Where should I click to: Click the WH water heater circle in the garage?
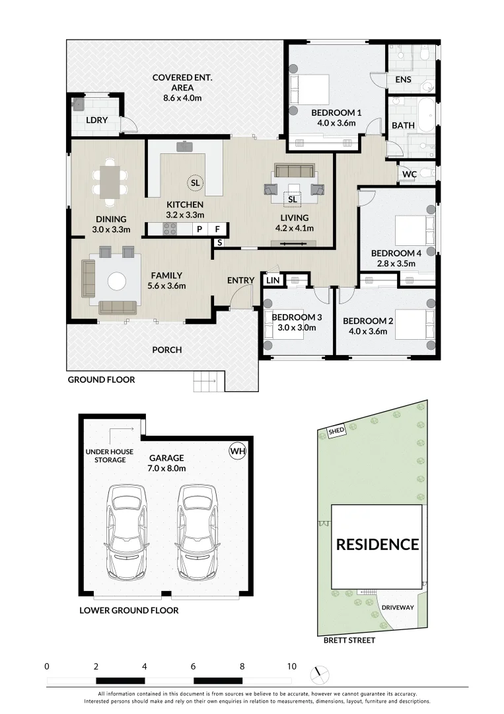[237, 452]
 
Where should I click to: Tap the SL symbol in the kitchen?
[195, 183]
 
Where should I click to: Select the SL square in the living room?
[293, 200]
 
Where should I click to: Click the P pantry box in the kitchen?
[199, 229]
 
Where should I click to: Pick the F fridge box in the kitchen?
[217, 229]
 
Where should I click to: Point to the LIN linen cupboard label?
[273, 280]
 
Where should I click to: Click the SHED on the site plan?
[336, 431]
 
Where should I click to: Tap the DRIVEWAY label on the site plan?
[398, 608]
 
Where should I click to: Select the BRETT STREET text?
[349, 640]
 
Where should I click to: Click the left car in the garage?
[126, 530]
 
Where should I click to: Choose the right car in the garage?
[198, 530]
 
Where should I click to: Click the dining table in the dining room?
[110, 181]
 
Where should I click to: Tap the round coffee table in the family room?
[117, 282]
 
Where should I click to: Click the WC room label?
[410, 175]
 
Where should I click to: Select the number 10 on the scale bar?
[291, 666]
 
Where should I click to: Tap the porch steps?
[209, 381]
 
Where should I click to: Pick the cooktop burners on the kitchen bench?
[170, 229]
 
